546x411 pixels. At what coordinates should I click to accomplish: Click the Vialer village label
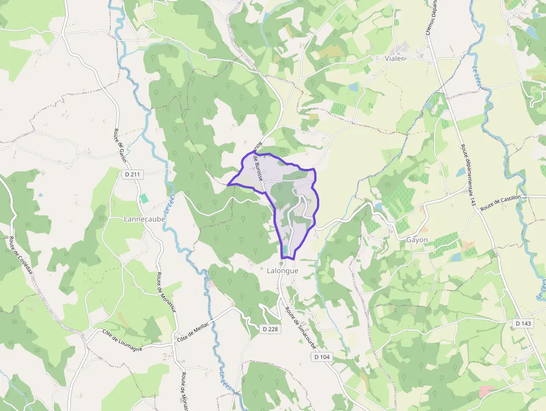[394, 58]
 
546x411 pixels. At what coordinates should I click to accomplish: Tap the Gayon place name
[417, 240]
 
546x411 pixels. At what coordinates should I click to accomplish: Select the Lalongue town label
[282, 270]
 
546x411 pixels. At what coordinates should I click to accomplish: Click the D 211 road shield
[133, 175]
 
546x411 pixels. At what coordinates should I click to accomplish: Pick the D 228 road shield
[270, 329]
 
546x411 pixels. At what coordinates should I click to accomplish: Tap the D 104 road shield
[321, 357]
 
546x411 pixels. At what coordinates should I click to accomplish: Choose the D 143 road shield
[524, 323]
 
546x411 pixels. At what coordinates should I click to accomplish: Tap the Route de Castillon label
[500, 202]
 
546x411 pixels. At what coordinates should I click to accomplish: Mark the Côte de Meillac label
[193, 331]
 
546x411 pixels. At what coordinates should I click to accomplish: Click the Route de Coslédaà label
[21, 259]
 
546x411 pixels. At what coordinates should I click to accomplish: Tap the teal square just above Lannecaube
[144, 198]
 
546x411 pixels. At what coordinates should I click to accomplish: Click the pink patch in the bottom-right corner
[486, 391]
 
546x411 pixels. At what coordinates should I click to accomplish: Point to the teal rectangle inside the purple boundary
[285, 249]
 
